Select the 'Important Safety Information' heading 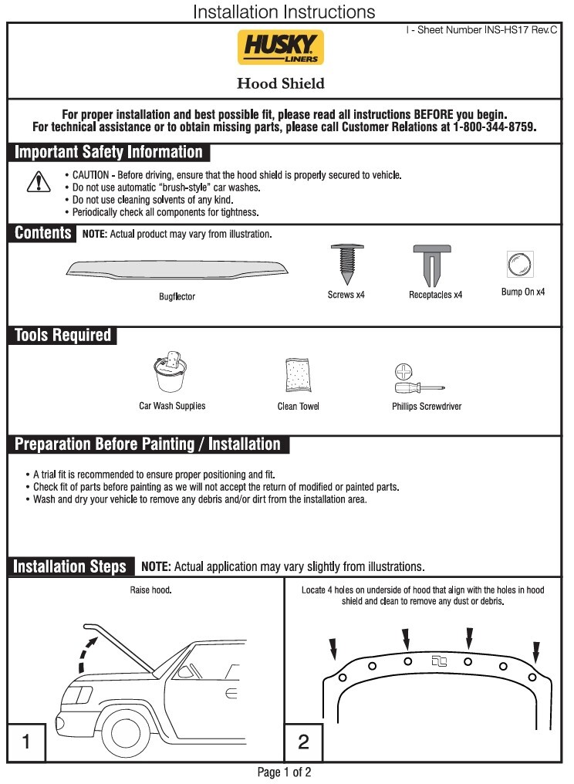109,152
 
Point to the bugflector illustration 177,269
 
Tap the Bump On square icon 516,265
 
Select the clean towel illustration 298,376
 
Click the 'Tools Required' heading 63,336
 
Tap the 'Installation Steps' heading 70,566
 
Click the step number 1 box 27,742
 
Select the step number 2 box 303,742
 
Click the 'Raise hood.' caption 150,590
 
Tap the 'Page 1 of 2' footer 284,772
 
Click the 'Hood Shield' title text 280,83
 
